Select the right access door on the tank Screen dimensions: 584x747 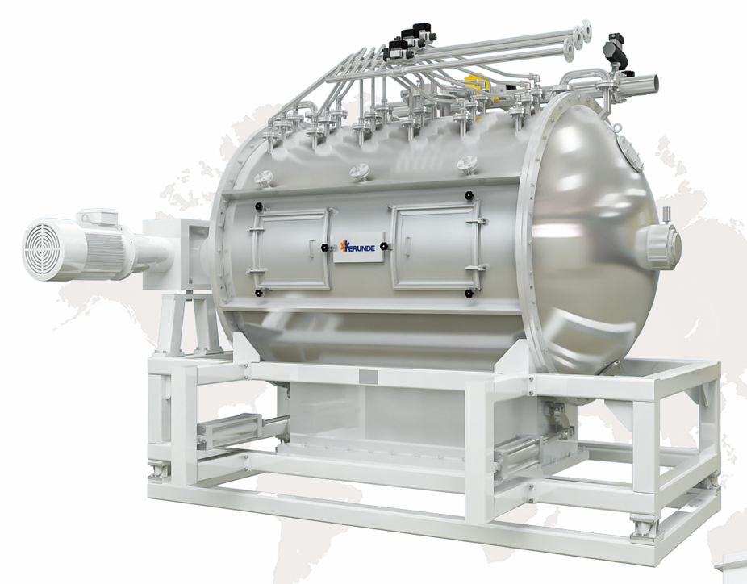[434, 248]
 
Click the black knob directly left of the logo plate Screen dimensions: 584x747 [324, 247]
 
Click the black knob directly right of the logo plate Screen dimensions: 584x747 [384, 244]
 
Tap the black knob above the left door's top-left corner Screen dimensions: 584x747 [257, 206]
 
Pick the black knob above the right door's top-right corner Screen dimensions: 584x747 [469, 194]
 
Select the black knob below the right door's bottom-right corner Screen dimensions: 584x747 [469, 294]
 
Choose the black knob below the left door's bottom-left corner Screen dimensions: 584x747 [258, 293]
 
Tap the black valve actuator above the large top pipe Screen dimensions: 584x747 [616, 44]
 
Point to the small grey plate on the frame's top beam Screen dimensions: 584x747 [367, 375]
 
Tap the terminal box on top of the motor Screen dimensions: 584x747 [94, 215]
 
